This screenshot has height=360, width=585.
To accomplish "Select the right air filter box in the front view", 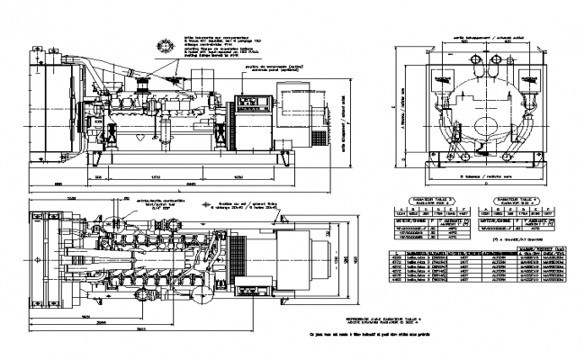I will pyautogui.click(x=523, y=73).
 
